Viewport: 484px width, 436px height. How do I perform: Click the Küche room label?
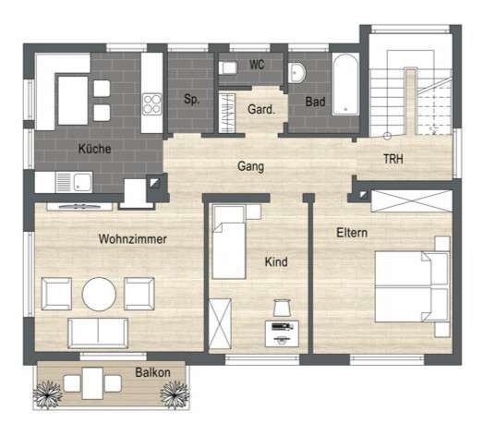pos(95,148)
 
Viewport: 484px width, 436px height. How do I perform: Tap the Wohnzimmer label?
pos(132,238)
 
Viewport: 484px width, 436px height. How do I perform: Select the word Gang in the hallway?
pos(250,167)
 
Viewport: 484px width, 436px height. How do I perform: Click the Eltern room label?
pos(352,233)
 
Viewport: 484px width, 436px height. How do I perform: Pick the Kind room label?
pos(276,262)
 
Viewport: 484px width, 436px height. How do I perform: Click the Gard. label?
pos(260,109)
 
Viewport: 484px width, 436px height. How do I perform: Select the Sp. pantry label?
pos(191,99)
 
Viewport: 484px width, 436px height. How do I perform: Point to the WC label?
pos(258,67)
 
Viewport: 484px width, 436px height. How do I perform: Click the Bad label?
pos(315,102)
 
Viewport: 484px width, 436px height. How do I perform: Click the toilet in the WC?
pos(227,67)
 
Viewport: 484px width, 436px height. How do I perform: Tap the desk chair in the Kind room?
pos(282,308)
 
